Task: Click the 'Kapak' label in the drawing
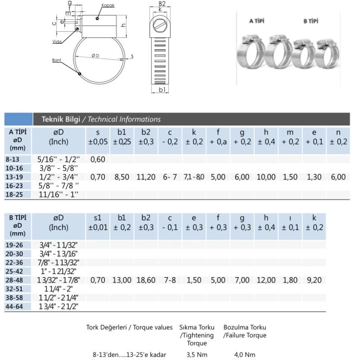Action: click(x=108, y=5)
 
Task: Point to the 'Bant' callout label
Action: click(x=57, y=60)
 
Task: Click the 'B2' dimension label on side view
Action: click(x=162, y=4)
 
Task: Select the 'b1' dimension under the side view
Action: click(x=162, y=90)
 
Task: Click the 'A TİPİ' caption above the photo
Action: click(x=257, y=21)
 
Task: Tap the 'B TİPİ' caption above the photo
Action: click(x=310, y=21)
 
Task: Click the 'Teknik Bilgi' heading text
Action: click(x=61, y=119)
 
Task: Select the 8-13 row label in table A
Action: click(x=13, y=159)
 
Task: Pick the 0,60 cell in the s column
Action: click(x=98, y=159)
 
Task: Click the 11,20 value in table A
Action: click(x=146, y=177)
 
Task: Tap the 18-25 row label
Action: click(x=13, y=194)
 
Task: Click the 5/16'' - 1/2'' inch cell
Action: click(x=58, y=159)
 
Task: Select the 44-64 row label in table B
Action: click(x=13, y=306)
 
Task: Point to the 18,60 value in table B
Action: click(x=146, y=280)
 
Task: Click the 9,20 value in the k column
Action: click(x=314, y=280)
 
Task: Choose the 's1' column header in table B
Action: click(x=98, y=218)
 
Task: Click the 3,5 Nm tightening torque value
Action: click(x=197, y=355)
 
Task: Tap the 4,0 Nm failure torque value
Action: click(x=245, y=355)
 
